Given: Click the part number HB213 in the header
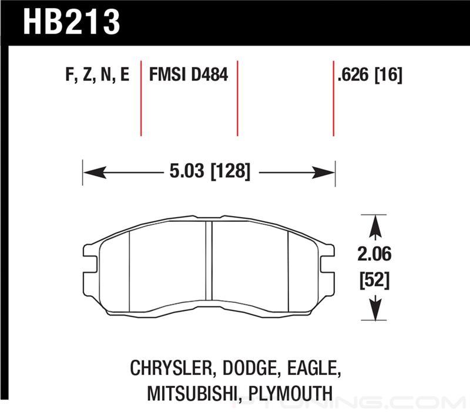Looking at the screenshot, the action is (x=72, y=22).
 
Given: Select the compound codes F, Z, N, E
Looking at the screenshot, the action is (x=98, y=75).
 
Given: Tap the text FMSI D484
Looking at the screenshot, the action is (x=189, y=75).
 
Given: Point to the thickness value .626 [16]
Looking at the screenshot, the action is (x=370, y=75).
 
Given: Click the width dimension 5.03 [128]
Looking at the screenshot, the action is (x=210, y=171).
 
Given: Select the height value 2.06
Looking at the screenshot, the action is (x=374, y=254).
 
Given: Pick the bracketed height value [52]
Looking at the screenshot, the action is (x=374, y=280).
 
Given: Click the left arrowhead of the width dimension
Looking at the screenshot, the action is (x=95, y=173).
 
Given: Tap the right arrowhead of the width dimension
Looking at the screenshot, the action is (x=323, y=173).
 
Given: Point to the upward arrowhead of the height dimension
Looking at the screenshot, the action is (x=375, y=227).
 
